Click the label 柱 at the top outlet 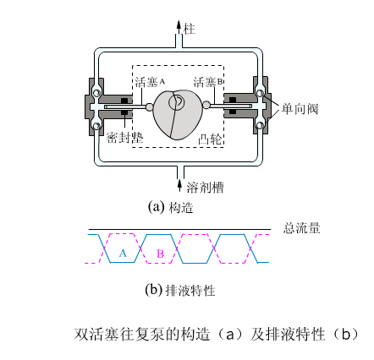pyautogui.click(x=189, y=29)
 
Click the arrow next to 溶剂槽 pyautogui.click(x=180, y=185)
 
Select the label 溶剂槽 pyautogui.click(x=205, y=188)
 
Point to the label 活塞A pyautogui.click(x=150, y=82)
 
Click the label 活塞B pyautogui.click(x=208, y=82)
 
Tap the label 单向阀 pyautogui.click(x=300, y=109)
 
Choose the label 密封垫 pyautogui.click(x=124, y=138)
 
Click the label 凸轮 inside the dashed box pyautogui.click(x=210, y=139)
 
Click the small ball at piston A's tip pyautogui.click(x=149, y=106)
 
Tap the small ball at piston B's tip pyautogui.click(x=206, y=105)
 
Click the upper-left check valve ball pyautogui.click(x=97, y=93)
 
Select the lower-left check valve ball pyautogui.click(x=96, y=126)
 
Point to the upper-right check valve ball pyautogui.click(x=260, y=93)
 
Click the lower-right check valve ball pyautogui.click(x=260, y=124)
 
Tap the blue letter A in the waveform pyautogui.click(x=123, y=254)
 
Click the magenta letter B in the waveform pyautogui.click(x=160, y=254)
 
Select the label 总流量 pyautogui.click(x=301, y=228)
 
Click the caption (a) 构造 pyautogui.click(x=171, y=208)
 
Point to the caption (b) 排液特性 pyautogui.click(x=180, y=290)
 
